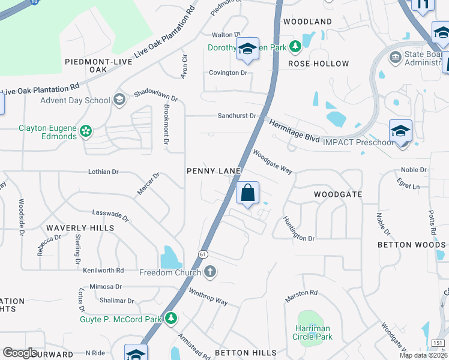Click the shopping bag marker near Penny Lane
point(247,193)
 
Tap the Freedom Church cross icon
point(210,272)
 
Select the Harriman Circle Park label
point(313,332)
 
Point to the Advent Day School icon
point(119,100)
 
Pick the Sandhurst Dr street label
point(237,115)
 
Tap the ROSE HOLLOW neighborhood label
point(318,64)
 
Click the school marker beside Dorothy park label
point(247,50)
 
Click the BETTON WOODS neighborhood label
point(411,245)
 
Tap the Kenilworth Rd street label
point(103,271)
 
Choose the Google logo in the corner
point(20,353)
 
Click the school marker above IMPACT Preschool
point(400,131)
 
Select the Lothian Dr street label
point(103,172)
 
